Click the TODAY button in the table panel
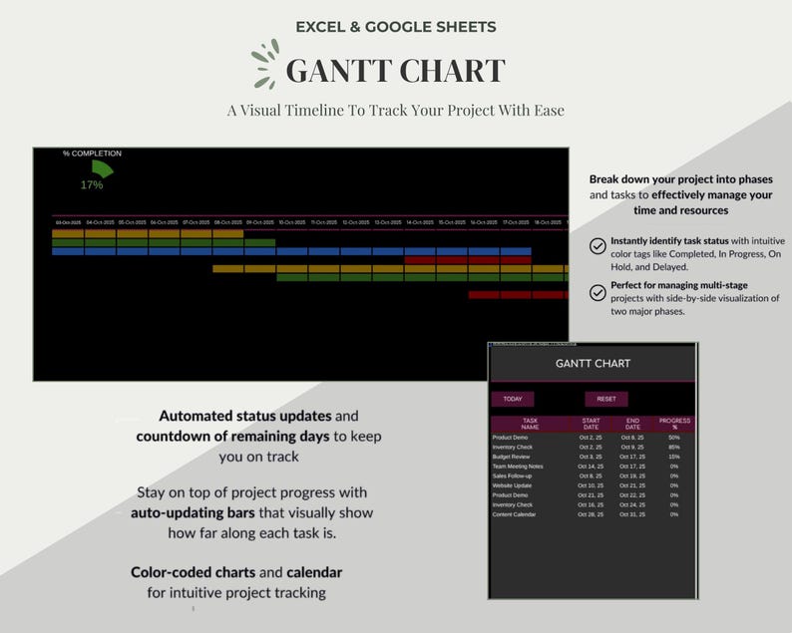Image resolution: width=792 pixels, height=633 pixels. pyautogui.click(x=513, y=399)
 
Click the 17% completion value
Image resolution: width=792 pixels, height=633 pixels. pyautogui.click(x=92, y=184)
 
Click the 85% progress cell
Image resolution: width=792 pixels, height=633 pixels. pyautogui.click(x=674, y=447)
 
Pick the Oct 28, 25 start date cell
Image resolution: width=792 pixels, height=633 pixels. pyautogui.click(x=591, y=514)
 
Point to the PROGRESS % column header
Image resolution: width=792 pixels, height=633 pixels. pyautogui.click(x=674, y=424)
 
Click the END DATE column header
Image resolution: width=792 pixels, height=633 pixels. pyautogui.click(x=632, y=424)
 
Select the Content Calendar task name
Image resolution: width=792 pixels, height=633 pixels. pyautogui.click(x=516, y=514)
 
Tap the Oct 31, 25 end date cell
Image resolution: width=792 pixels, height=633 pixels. pyautogui.click(x=632, y=514)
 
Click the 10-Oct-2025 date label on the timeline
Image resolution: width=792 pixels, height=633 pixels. pyautogui.click(x=292, y=222)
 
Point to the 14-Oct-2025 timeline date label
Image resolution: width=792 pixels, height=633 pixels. pyautogui.click(x=420, y=222)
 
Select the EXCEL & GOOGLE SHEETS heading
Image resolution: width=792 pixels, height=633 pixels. pyautogui.click(x=396, y=27)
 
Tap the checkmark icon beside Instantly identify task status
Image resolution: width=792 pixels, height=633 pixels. pyautogui.click(x=597, y=246)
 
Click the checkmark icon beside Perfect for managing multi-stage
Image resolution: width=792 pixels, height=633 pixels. pyautogui.click(x=597, y=292)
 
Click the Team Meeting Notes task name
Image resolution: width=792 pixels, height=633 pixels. pyautogui.click(x=518, y=467)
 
